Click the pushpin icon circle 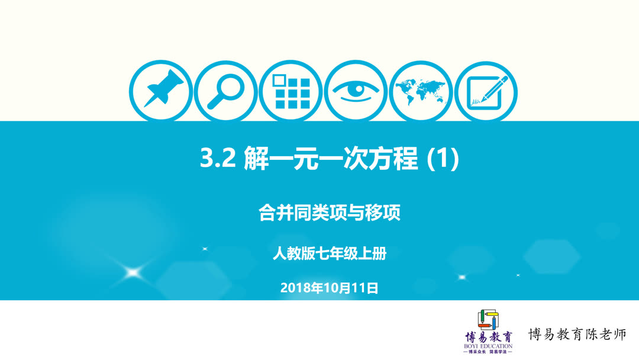(160, 92)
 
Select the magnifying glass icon (225, 92)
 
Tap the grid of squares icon (291, 92)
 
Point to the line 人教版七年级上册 (330, 254)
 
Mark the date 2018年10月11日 (330, 288)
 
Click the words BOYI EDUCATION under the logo (489, 346)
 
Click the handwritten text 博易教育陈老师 (577, 335)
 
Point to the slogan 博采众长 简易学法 (489, 352)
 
